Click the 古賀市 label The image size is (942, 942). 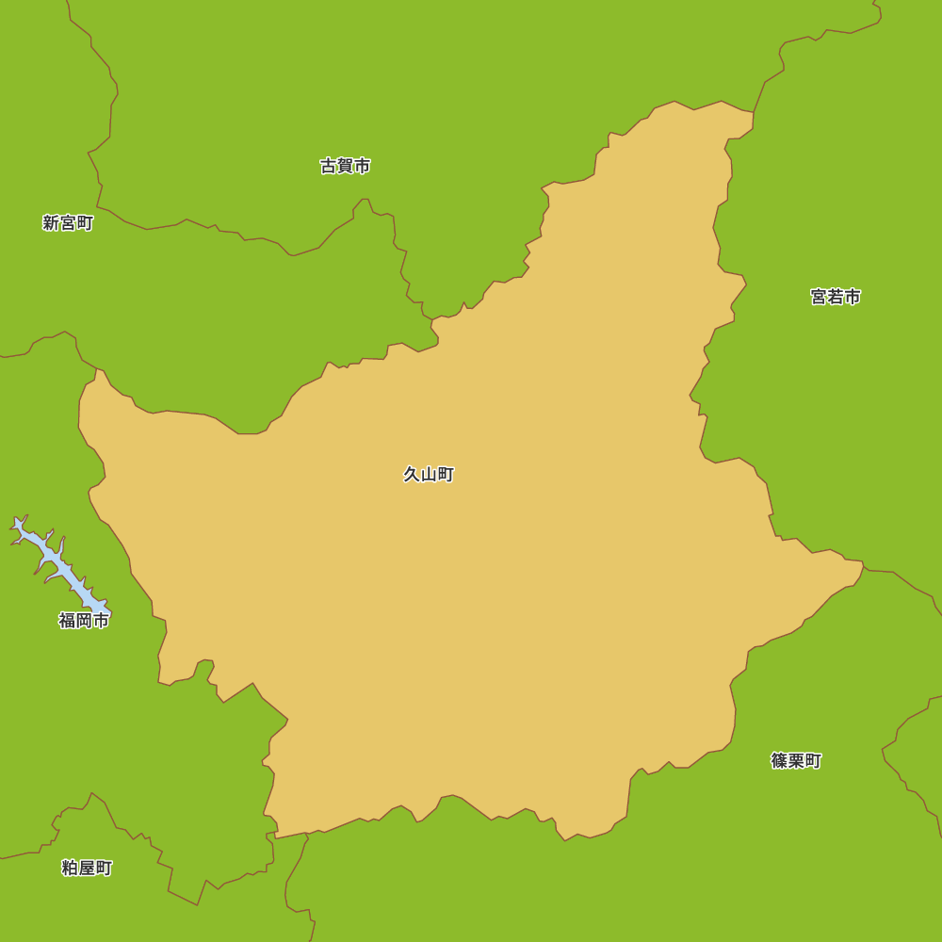tap(345, 166)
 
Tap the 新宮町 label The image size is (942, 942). tap(68, 223)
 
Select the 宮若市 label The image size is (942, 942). tap(836, 297)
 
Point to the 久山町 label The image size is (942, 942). tap(429, 475)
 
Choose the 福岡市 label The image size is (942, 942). tap(84, 620)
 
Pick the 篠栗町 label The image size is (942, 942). tap(796, 760)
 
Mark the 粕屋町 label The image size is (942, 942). tap(87, 868)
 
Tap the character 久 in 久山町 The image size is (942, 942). tap(412, 475)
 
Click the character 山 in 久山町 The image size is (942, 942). tap(429, 475)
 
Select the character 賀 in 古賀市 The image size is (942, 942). tap(345, 166)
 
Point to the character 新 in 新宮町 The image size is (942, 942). tap(51, 223)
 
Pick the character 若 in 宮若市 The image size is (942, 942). tap(836, 297)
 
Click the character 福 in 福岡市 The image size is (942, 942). tap(67, 620)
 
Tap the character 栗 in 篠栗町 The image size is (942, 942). tap(796, 760)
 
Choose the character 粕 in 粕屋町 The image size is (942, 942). tap(70, 868)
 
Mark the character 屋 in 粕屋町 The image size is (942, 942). tap(87, 868)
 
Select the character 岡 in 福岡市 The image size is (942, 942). tap(84, 620)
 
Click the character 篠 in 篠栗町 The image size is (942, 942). tap(779, 760)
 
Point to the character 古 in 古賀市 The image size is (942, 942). tap(328, 166)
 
